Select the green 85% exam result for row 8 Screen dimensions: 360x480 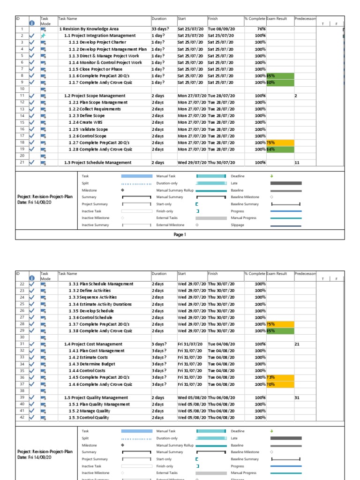coord(280,76)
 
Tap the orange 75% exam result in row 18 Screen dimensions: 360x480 coord(280,142)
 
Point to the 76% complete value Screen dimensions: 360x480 coord(261,29)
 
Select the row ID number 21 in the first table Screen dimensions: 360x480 coord(22,163)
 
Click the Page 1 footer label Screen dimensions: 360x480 coord(180,234)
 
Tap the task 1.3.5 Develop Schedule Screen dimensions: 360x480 coord(91,311)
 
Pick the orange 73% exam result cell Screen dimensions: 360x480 coord(280,377)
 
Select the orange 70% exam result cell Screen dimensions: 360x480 coord(280,384)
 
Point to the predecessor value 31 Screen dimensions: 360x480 coord(297,397)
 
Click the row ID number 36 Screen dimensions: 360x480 coord(22,377)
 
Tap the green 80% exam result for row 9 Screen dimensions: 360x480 coord(280,82)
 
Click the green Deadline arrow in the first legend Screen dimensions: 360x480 coord(272,176)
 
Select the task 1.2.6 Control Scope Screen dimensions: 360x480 coord(87,136)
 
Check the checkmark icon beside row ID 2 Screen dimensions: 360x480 coord(32,36)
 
